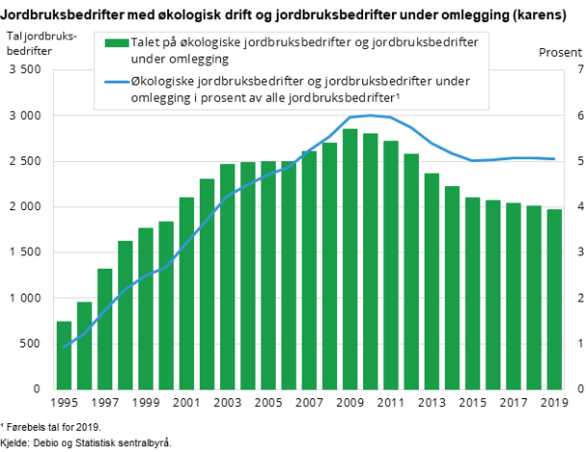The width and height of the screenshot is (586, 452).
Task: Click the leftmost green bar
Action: click(63, 355)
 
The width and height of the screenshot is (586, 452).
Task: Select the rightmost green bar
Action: click(554, 299)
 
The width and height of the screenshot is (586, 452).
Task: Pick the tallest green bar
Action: click(350, 259)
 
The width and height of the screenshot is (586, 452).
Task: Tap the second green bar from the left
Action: click(85, 345)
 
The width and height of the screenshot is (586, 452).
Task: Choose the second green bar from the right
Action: click(534, 297)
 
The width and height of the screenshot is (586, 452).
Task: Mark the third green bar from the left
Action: click(105, 329)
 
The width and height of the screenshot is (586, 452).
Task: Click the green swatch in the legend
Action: click(116, 42)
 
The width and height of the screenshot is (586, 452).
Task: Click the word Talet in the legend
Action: click(147, 42)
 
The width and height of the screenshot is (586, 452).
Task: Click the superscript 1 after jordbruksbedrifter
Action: click(398, 95)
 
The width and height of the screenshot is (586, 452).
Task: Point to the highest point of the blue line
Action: click(370, 115)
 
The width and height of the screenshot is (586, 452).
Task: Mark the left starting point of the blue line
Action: click(63, 347)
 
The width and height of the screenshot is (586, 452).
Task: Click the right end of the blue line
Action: click(554, 158)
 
